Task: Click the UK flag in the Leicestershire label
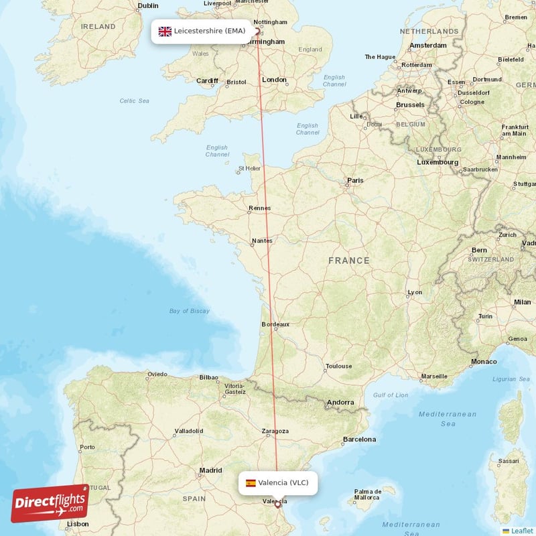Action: tap(165, 31)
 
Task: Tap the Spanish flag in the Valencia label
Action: tap(251, 482)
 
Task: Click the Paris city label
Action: tap(355, 180)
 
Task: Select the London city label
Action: tap(274, 80)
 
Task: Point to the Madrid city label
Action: tap(210, 470)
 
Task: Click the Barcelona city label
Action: tap(359, 440)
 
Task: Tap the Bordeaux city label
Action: tap(275, 324)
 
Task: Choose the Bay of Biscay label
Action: tap(190, 311)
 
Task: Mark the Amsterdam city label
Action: tap(428, 46)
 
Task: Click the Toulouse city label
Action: tap(338, 366)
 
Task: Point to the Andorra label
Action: tap(340, 403)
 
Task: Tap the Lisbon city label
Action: tap(78, 524)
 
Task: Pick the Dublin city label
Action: tap(148, 6)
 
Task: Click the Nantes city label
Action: tap(263, 241)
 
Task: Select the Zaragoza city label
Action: tap(275, 431)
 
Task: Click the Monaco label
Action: tap(484, 362)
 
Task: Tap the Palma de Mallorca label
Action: tap(368, 494)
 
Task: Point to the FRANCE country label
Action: tap(348, 261)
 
